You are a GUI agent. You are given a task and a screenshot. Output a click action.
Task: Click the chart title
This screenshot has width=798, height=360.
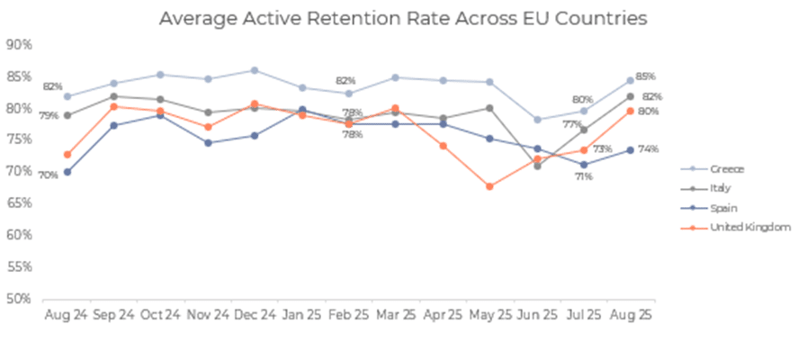pos(402,18)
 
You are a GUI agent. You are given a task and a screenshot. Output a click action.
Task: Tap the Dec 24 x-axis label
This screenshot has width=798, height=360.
pos(254,316)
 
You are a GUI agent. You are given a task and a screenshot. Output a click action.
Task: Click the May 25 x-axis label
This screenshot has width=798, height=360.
pos(489,316)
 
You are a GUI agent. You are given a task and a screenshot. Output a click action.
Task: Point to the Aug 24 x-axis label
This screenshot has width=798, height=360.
pos(66,316)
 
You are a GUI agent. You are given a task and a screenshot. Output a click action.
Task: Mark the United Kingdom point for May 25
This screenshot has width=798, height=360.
pos(489,186)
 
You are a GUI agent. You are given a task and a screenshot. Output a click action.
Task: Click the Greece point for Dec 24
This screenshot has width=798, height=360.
pos(255,70)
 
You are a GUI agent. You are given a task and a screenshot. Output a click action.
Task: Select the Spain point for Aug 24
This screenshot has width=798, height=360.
pos(67,172)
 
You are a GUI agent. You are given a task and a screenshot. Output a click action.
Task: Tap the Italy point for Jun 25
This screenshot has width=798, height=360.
pos(536,166)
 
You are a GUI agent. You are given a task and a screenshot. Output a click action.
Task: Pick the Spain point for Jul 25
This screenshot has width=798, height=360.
pos(583,165)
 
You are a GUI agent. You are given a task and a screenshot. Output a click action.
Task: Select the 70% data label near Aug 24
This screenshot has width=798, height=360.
pos(48,175)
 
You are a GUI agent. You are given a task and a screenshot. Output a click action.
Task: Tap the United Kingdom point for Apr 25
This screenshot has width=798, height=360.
pos(443,146)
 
